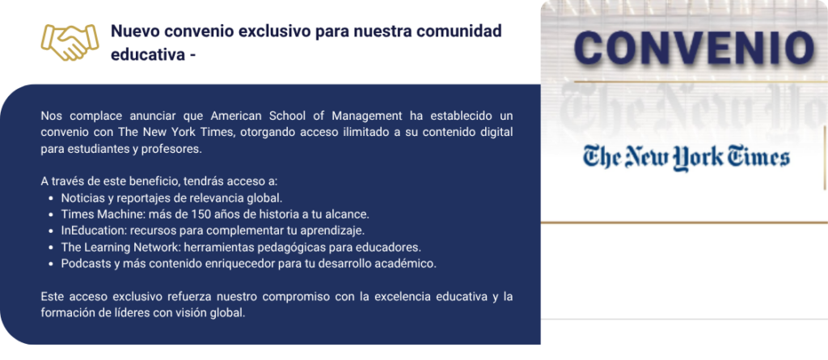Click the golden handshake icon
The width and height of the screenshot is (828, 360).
point(70,42)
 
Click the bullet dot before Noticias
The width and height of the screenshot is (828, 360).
point(51,199)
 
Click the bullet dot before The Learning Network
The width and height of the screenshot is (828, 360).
point(51,248)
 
